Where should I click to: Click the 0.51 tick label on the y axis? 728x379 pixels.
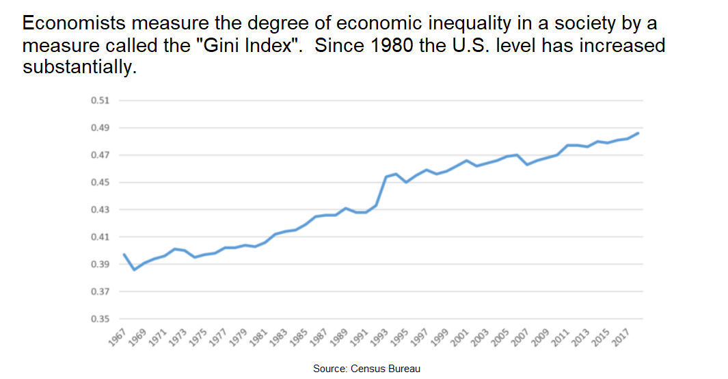click(x=100, y=101)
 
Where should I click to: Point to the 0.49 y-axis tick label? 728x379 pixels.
click(x=100, y=128)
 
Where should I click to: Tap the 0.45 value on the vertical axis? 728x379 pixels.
click(x=100, y=183)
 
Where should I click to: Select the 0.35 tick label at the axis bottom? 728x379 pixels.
click(x=100, y=319)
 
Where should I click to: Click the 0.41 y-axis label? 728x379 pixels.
click(x=100, y=237)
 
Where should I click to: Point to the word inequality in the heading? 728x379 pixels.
click(x=461, y=23)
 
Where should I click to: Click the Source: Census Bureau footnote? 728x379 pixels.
click(x=366, y=369)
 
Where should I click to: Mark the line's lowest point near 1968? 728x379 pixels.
click(x=134, y=270)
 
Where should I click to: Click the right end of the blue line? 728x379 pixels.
click(x=638, y=133)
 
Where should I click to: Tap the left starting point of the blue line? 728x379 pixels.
click(x=124, y=254)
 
